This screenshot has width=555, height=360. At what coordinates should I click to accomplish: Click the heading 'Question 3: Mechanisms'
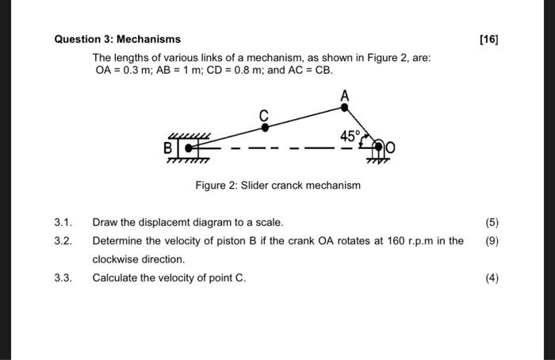tap(117, 39)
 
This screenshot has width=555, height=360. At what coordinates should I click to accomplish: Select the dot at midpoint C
tap(265, 126)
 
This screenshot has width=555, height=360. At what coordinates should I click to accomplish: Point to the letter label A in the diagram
tap(344, 94)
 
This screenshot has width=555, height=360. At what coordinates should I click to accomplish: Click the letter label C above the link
tap(265, 113)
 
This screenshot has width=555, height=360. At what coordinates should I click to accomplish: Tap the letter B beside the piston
tap(168, 147)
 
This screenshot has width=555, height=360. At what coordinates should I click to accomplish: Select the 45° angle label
tap(350, 136)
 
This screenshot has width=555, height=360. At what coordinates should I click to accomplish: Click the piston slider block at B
tap(189, 147)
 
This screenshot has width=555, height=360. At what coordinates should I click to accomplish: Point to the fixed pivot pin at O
tap(378, 147)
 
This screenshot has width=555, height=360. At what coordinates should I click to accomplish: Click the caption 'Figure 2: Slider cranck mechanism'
tap(277, 186)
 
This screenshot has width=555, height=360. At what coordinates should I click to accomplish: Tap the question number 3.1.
tap(63, 222)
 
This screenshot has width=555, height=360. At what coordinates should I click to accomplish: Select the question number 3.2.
tap(63, 240)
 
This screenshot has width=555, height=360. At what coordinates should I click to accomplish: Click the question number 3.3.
tap(63, 278)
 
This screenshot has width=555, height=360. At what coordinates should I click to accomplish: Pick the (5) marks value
tap(492, 222)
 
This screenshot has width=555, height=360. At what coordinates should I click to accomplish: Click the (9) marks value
tap(492, 240)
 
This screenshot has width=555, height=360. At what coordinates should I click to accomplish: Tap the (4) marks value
tap(492, 278)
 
